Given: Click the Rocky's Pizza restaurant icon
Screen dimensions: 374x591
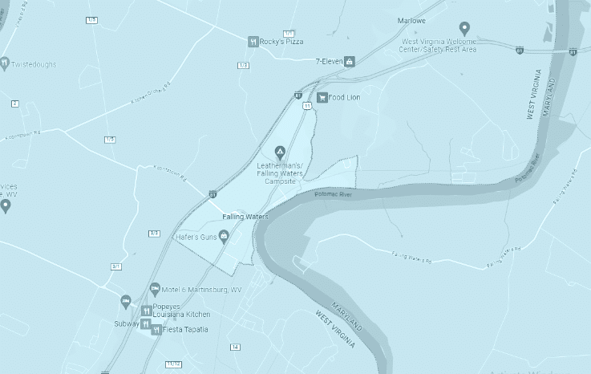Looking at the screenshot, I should pos(253,42).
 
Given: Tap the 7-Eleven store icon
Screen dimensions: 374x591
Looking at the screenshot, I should pos(350,61).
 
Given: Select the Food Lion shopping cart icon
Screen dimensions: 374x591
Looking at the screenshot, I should pos(322,98).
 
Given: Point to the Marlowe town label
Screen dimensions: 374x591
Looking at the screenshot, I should pos(411,21).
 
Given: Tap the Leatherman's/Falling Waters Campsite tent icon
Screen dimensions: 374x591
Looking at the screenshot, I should pos(280,150).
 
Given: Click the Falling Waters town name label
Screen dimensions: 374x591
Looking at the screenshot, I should pos(245,217).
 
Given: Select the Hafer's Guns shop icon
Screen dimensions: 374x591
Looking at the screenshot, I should pos(224,236).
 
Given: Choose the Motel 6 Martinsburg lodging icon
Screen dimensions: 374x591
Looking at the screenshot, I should pos(155,289).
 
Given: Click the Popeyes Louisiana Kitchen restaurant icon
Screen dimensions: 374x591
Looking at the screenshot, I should pos(146,311).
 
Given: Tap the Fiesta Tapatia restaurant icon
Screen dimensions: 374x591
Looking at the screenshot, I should pos(156,329).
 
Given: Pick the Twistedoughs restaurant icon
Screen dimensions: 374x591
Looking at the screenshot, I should pos(4,61).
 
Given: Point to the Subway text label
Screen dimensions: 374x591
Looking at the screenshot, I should pos(127,324).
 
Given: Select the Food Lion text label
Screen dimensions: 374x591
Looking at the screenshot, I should pos(345,98).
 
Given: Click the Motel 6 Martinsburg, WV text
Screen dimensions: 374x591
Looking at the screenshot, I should pos(196,289).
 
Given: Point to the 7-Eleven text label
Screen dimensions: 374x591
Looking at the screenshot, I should pos(329,61).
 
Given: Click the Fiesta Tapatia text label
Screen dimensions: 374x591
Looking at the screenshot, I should pos(186,329).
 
